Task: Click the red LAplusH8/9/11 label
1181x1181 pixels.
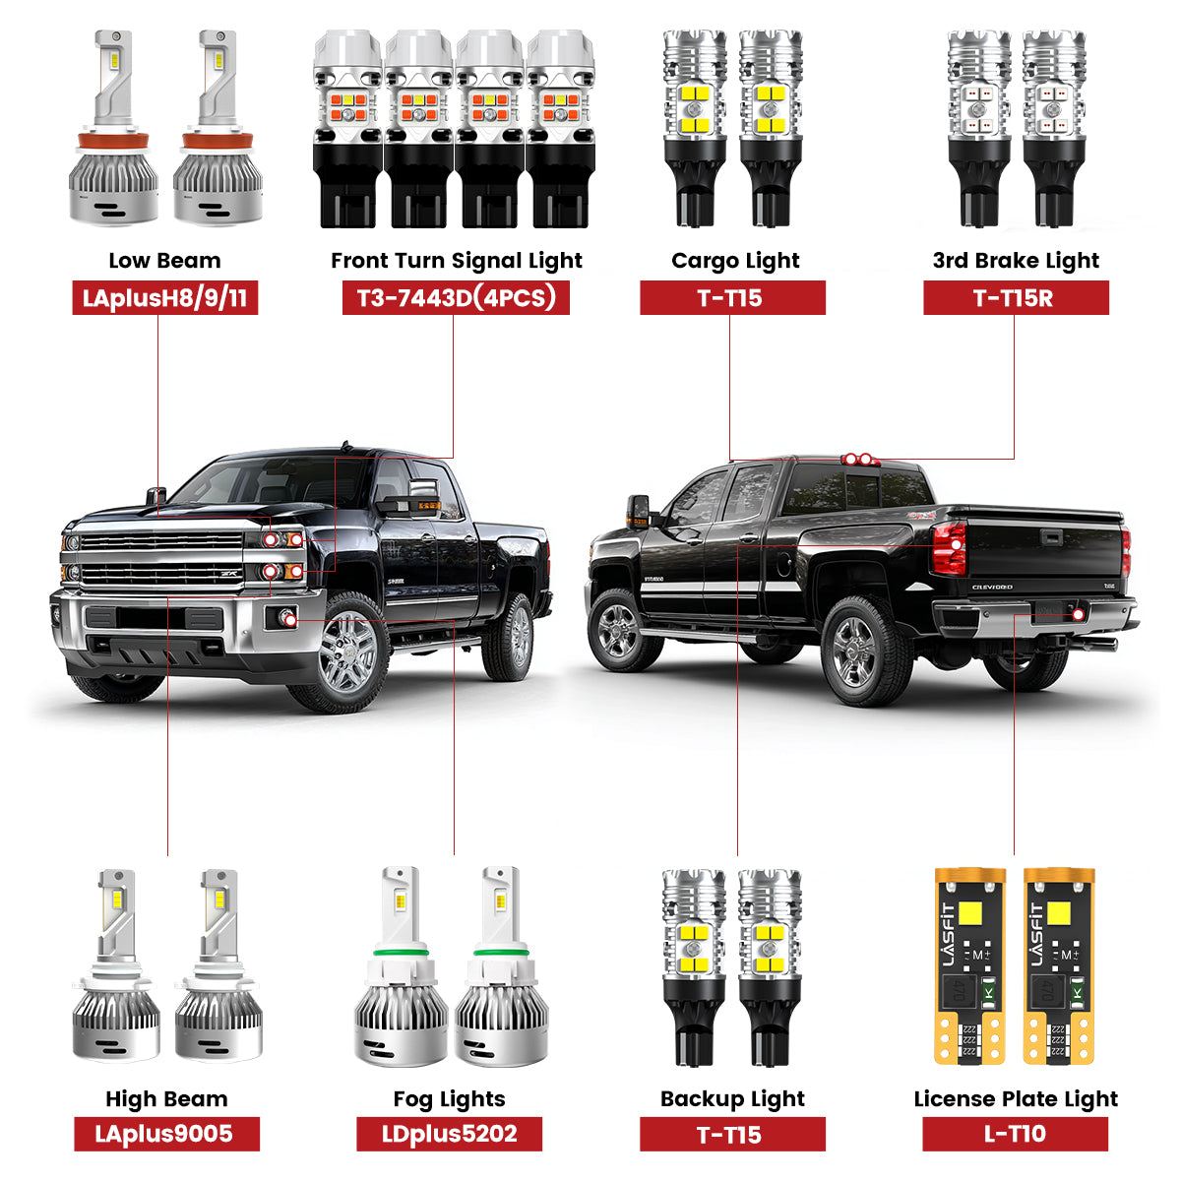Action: click(164, 298)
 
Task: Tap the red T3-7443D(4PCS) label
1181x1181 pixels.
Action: click(456, 298)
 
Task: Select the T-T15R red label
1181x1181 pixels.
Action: click(1015, 298)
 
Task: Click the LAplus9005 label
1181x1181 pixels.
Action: click(165, 1134)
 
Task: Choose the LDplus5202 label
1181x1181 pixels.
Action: click(449, 1134)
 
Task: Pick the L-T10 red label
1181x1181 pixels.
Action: click(1015, 1134)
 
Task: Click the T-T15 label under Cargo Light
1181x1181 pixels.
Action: click(731, 298)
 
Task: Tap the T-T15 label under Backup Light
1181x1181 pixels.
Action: click(731, 1134)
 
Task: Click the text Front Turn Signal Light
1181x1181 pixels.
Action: click(456, 261)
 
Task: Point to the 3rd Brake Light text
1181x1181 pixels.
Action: click(1015, 261)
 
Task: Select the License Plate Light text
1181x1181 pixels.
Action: click(1015, 1099)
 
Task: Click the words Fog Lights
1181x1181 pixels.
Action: click(449, 1099)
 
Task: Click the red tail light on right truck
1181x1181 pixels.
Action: click(949, 547)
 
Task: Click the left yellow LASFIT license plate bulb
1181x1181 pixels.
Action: click(968, 964)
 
